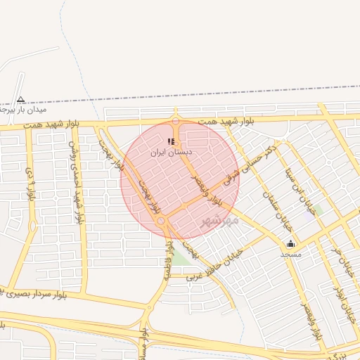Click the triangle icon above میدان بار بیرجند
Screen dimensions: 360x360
pos(20,100)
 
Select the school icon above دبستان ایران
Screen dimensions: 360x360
pos(171,141)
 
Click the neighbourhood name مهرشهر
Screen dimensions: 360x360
pos(220,220)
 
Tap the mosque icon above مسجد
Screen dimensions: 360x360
pos(290,243)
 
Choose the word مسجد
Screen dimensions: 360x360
pos(290,253)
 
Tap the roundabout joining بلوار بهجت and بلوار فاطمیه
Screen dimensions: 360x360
pos(162,222)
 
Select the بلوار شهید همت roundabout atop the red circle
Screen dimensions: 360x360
pos(176,120)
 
